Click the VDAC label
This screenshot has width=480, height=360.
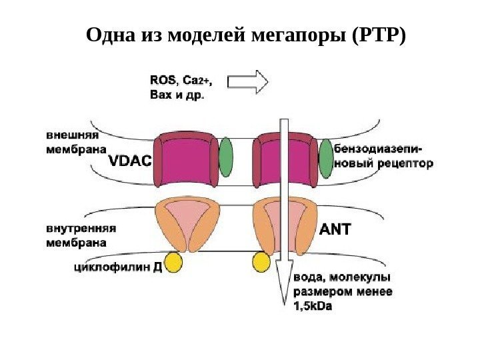pos(131,162)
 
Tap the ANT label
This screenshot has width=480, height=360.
pos(335,230)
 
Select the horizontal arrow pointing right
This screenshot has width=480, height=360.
pos(248,82)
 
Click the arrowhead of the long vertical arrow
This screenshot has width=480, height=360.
pos(284,279)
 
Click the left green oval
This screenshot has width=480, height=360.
pos(227,157)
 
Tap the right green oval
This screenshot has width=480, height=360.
pos(325,159)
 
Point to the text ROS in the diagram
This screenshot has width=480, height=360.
pos(163,80)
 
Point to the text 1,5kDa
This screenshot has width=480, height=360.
pos(312,307)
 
